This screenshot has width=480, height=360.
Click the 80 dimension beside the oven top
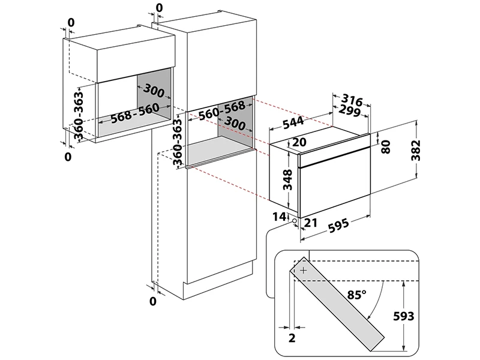386,145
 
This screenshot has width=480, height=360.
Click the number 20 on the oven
300,142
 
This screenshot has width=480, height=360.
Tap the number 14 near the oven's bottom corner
278,216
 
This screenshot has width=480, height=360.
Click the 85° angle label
356,295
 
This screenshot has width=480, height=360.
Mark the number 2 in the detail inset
292,338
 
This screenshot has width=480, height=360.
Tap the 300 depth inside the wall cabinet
154,92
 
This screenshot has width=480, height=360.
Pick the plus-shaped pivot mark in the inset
304,271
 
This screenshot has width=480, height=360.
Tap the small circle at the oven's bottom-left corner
295,221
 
